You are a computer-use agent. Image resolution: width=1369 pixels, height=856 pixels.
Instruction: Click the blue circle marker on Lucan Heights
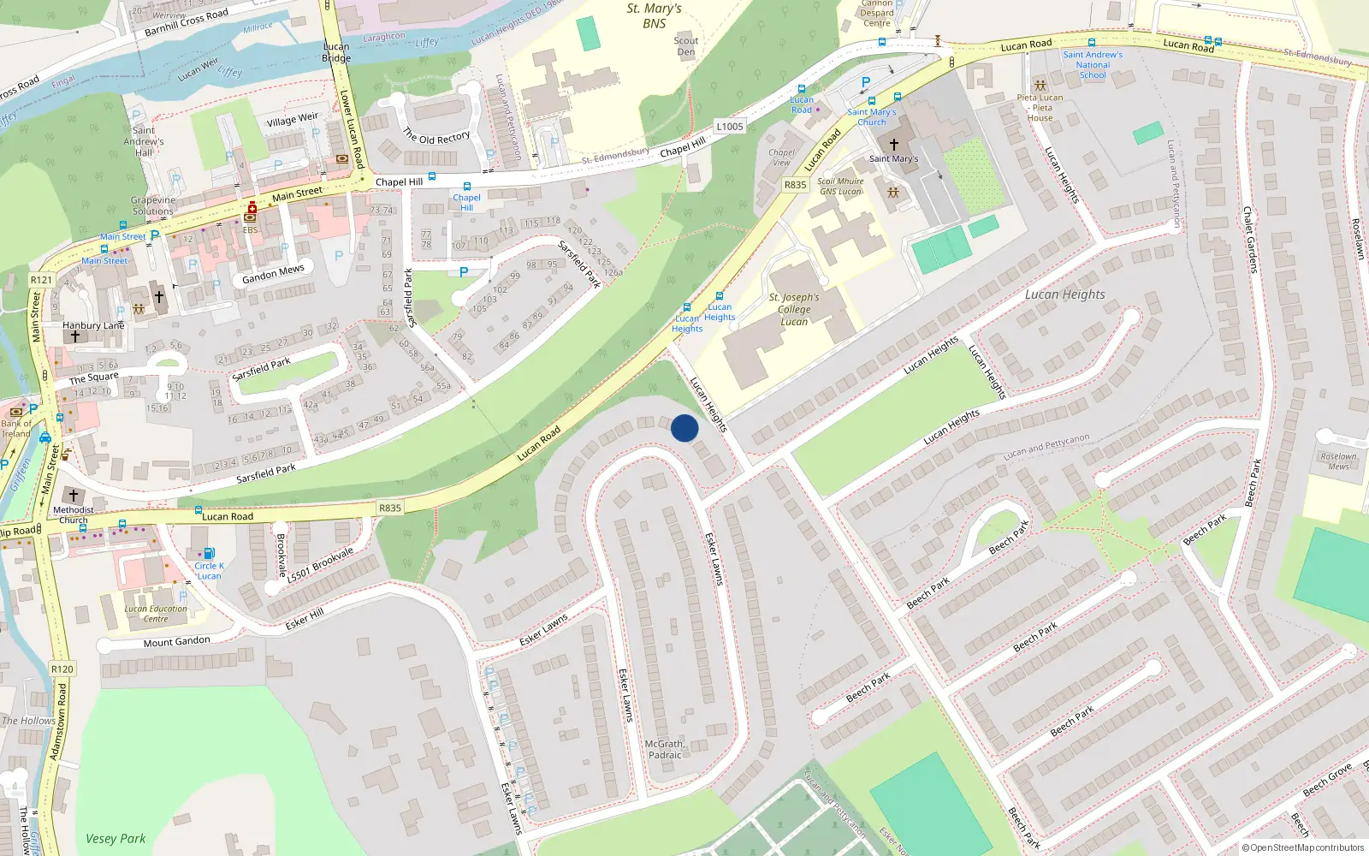click(684, 428)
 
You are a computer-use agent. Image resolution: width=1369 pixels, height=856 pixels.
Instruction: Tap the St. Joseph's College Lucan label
click(794, 310)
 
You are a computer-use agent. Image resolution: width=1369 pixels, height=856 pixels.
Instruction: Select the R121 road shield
click(41, 280)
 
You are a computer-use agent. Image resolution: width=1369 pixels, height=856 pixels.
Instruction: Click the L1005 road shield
click(730, 127)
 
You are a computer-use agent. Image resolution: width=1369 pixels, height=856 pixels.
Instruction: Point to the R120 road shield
click(62, 669)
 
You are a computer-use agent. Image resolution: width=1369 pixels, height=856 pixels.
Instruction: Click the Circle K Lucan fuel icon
click(209, 553)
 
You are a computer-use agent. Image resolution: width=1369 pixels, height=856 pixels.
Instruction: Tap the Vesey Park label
click(116, 839)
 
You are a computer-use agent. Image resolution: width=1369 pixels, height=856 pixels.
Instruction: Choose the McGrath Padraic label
click(665, 750)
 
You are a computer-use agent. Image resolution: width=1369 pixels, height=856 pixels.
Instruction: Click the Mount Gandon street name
click(176, 642)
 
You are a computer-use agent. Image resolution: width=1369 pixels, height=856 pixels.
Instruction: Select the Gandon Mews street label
click(273, 274)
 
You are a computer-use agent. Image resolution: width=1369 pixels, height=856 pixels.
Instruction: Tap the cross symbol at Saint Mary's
click(894, 145)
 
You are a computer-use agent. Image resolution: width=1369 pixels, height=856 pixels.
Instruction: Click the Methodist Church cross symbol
click(74, 496)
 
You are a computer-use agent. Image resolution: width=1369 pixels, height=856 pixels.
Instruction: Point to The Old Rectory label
click(436, 137)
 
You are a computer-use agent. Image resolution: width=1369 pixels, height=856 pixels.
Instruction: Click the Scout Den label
click(685, 46)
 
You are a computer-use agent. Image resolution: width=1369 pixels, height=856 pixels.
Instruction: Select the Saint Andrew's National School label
click(1093, 65)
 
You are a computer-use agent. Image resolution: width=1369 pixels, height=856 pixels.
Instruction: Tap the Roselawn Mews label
click(1338, 461)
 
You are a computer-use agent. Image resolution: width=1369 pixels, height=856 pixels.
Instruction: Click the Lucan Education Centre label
click(156, 614)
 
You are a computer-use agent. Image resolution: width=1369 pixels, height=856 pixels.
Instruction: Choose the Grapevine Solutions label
click(153, 205)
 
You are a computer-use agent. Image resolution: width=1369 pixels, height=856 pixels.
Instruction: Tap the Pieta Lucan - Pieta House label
click(1040, 108)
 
